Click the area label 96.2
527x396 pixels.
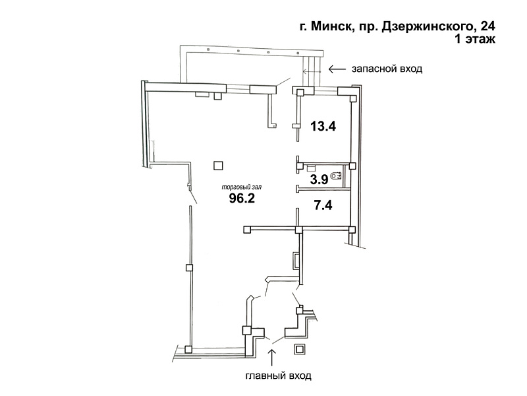tap(242, 198)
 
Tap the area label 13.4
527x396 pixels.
tap(323, 127)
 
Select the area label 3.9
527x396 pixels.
tap(319, 180)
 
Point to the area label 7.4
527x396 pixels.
tap(323, 205)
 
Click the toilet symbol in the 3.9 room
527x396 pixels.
tap(337, 176)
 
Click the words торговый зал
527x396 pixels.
tap(241, 187)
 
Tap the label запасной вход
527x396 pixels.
tap(387, 69)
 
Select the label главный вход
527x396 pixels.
tap(278, 376)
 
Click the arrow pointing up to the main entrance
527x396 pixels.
tap(271, 357)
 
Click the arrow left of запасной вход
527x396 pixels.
tap(337, 69)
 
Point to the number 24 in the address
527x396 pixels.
tap(488, 26)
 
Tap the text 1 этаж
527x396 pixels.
tap(475, 39)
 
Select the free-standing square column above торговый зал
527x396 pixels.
tap(218, 166)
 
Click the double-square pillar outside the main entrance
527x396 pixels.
tap(299, 349)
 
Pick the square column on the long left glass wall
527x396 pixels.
tap(190, 268)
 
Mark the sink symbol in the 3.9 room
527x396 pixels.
tap(310, 167)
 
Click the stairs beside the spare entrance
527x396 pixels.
tap(311, 71)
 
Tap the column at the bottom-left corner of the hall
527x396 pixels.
tap(188, 350)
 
